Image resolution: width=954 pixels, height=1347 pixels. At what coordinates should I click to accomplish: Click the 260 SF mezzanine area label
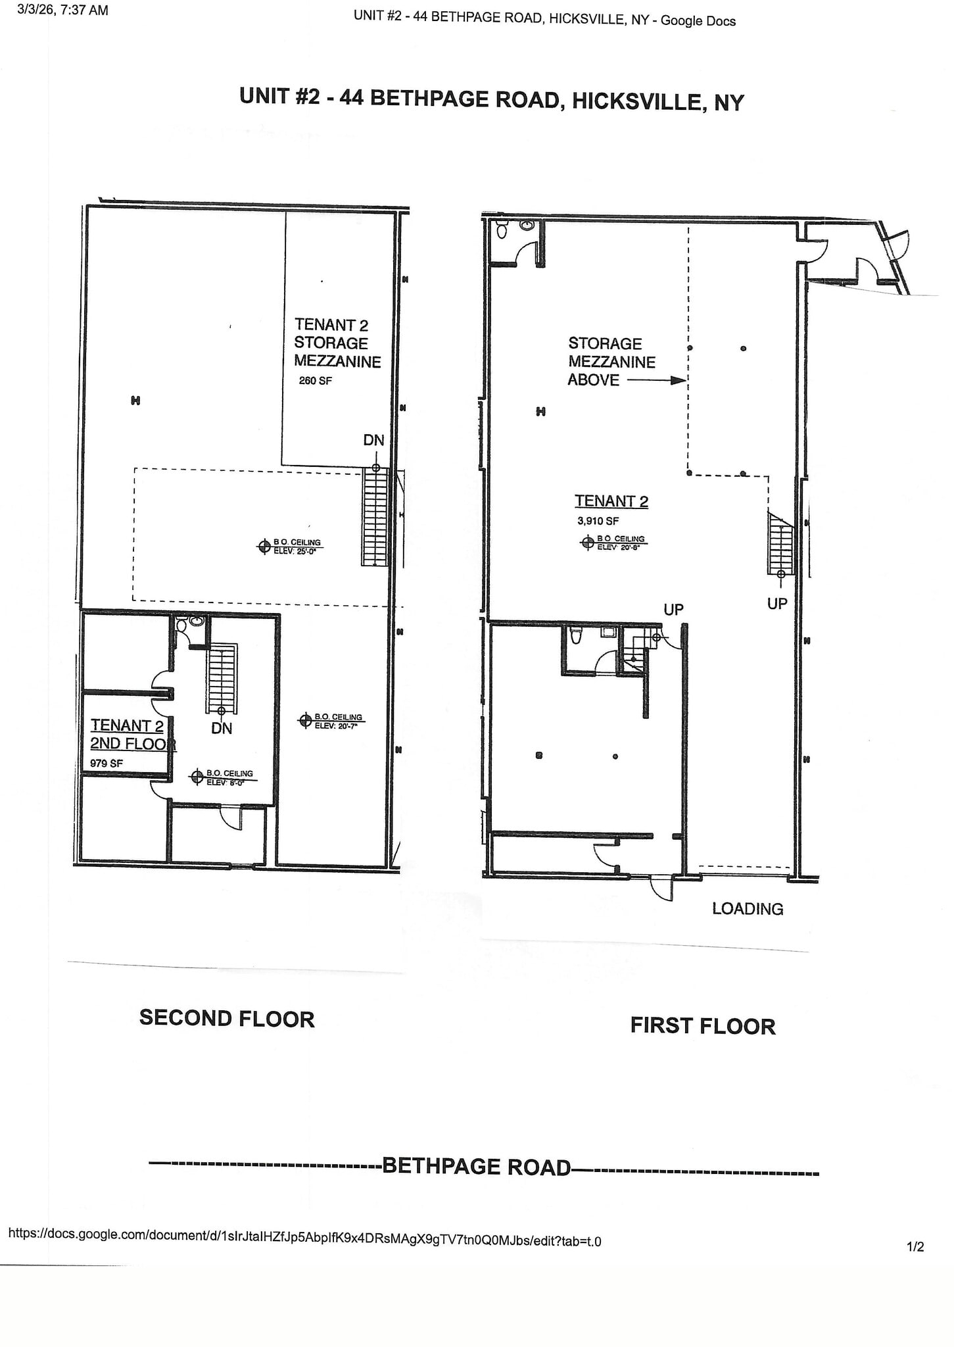tap(315, 380)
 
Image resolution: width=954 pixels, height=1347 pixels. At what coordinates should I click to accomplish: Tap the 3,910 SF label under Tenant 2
tap(598, 521)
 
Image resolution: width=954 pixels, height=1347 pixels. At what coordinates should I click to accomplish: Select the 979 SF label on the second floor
tap(106, 764)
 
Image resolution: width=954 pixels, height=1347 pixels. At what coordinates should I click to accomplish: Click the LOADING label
tap(748, 909)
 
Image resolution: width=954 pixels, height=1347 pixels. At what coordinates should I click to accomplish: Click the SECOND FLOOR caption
tap(227, 1019)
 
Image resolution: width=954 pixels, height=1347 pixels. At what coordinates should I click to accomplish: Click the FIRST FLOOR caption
tap(702, 1026)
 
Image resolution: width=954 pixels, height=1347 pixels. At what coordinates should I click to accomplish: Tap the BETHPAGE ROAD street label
tap(477, 1167)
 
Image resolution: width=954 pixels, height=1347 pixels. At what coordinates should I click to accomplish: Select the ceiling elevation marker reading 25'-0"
tap(264, 546)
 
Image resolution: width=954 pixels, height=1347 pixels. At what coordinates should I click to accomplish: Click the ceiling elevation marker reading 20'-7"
tap(305, 720)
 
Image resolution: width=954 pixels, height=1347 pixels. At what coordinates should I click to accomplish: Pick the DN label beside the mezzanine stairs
tap(373, 440)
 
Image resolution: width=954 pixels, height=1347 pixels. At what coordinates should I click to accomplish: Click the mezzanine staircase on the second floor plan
tap(375, 517)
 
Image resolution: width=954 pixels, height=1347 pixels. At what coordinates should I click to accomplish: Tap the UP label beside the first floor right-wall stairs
tap(777, 603)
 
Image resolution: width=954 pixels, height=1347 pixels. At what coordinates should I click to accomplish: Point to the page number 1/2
tap(915, 1247)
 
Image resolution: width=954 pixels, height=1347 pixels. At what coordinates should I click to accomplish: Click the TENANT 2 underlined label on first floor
tap(611, 501)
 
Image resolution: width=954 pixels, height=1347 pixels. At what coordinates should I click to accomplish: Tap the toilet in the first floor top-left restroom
tap(502, 230)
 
